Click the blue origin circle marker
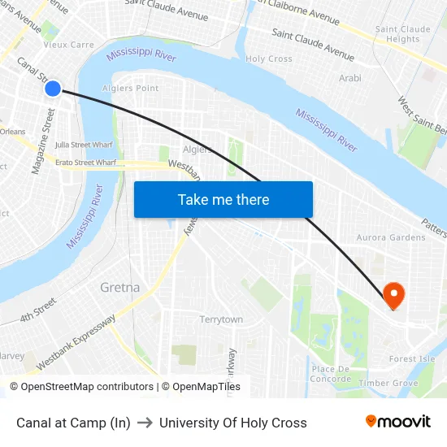(53, 89)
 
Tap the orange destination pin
(394, 295)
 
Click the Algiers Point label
(130, 88)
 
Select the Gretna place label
(119, 288)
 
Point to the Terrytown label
(221, 319)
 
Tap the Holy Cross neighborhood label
(269, 59)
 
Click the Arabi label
(349, 78)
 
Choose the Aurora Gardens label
(390, 237)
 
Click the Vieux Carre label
(68, 45)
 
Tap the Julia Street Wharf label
(85, 145)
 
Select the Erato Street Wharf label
(85, 163)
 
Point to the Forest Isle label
(412, 358)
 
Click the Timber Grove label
(388, 383)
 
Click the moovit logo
(398, 422)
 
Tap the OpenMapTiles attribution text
(201, 387)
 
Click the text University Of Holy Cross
(233, 423)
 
